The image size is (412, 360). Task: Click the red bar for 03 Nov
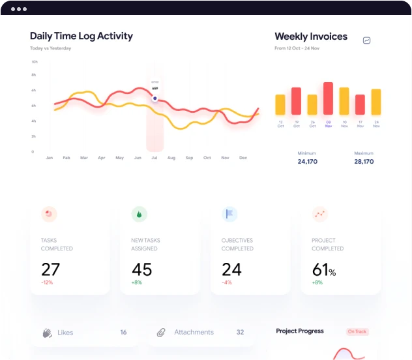point(328,98)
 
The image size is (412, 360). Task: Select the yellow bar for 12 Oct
point(280,105)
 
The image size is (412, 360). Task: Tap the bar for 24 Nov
point(375,102)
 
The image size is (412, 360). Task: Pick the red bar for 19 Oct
point(296,101)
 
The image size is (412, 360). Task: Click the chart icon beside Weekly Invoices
point(367,40)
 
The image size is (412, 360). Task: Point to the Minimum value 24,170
point(307,162)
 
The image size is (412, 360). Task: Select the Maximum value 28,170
point(363,162)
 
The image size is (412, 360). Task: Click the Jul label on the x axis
point(154,158)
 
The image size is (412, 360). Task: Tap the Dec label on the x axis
point(243,158)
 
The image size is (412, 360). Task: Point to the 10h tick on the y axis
point(33,62)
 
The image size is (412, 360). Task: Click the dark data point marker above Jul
point(154,99)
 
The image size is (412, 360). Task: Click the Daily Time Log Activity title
point(81,37)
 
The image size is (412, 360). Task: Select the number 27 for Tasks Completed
point(50,269)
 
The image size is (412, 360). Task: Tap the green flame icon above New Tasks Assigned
point(139,214)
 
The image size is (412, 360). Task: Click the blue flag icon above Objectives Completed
point(229,214)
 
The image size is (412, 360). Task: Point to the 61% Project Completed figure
point(324,270)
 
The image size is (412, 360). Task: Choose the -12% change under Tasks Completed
point(46,282)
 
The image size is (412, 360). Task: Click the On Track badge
point(357,332)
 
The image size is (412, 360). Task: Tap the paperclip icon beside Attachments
point(160,333)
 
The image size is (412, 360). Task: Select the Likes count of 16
point(123,333)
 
